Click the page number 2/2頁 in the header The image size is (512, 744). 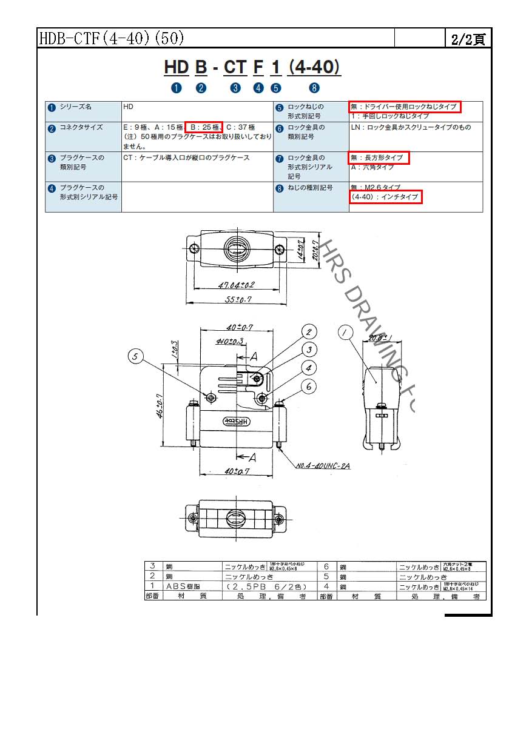coord(468,39)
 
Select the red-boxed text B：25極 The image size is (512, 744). coord(204,127)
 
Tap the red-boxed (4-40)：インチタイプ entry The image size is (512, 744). coord(386,197)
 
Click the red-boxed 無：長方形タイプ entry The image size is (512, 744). coord(379,158)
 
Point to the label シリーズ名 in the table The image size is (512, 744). coord(76,107)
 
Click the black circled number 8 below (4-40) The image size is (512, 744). coord(314,88)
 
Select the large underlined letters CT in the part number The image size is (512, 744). coord(235,67)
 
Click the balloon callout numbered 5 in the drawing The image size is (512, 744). coord(136,357)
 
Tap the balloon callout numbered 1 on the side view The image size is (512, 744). coord(346,332)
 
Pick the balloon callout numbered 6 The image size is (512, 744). coord(309,386)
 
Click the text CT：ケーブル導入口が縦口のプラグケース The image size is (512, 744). coord(187,158)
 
